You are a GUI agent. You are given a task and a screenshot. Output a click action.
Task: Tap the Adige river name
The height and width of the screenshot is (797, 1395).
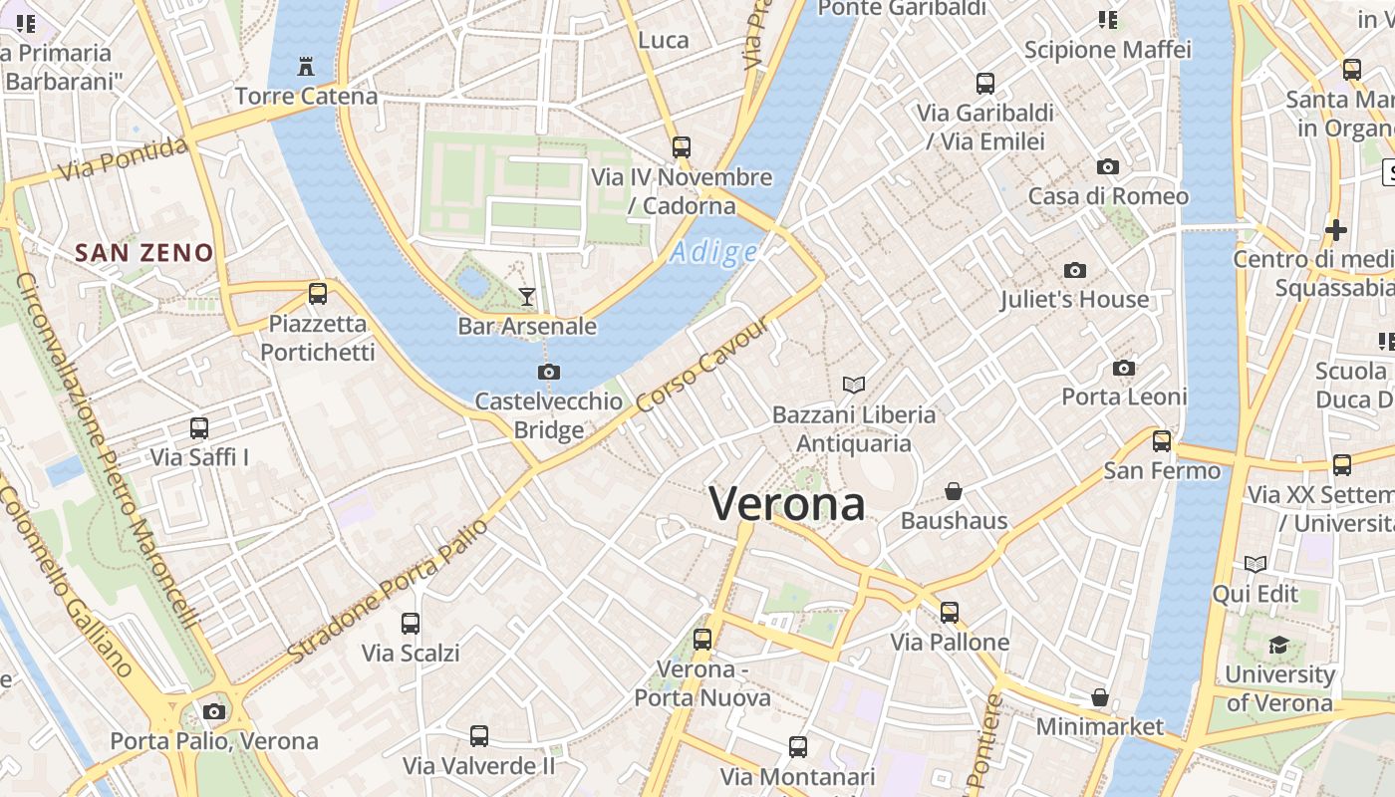[713, 252]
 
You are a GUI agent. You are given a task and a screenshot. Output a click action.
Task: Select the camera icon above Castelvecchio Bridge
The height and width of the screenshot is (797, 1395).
[548, 372]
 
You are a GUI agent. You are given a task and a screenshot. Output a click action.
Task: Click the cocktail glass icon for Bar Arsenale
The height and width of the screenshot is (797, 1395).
[527, 296]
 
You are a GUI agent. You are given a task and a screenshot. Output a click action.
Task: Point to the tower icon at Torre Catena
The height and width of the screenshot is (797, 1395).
[306, 67]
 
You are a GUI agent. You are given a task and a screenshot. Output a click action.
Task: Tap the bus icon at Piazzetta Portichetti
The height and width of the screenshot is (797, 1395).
[318, 293]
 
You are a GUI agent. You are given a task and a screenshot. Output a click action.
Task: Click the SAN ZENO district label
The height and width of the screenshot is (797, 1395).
[144, 253]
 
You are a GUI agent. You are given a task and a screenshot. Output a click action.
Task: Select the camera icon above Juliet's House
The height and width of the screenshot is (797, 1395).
[1074, 270]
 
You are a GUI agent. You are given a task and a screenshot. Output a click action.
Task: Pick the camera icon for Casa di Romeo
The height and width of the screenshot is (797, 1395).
[1108, 166]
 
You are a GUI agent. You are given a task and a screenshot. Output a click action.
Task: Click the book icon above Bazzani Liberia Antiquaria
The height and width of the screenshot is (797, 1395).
[854, 385]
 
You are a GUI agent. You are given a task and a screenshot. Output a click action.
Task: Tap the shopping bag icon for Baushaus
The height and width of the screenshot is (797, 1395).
[954, 491]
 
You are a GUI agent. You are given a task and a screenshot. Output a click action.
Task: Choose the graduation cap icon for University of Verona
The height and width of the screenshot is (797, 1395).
[1279, 645]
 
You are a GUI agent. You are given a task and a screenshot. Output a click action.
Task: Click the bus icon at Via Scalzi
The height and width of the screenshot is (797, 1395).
[411, 624]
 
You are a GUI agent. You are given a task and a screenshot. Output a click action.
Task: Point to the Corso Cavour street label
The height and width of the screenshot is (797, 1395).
[703, 365]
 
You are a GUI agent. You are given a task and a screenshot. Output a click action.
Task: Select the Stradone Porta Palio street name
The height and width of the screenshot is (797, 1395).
[389, 590]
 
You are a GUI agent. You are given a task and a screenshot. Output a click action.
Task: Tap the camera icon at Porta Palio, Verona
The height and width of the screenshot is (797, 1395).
[214, 711]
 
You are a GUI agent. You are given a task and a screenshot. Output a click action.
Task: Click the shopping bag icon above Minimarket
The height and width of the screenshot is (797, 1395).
[1100, 697]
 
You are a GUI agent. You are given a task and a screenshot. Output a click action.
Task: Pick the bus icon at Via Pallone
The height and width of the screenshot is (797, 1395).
[950, 612]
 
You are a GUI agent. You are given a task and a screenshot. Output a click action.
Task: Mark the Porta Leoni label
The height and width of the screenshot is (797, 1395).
[1124, 397]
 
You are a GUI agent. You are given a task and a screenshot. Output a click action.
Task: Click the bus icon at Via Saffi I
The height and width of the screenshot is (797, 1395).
[199, 428]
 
